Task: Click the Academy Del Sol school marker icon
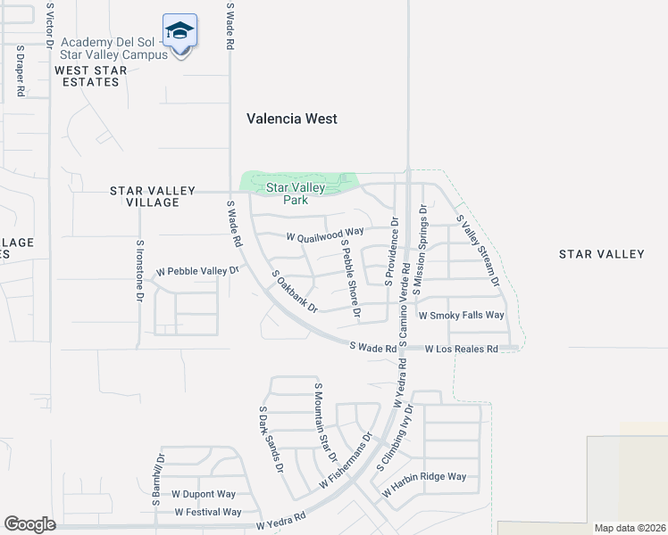pos(180,33)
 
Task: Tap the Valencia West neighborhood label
pos(292,119)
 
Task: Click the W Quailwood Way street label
pos(325,236)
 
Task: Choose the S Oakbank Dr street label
pos(294,291)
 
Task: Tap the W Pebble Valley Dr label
pos(198,271)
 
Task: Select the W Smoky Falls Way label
pos(462,316)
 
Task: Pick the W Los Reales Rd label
pos(461,349)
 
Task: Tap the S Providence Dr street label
pos(390,251)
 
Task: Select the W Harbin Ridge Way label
pos(424,477)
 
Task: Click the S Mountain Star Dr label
pos(324,423)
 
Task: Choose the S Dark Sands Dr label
pos(271,440)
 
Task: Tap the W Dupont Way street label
pos(204,494)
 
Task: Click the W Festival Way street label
pos(208,512)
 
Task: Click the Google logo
pos(30,524)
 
